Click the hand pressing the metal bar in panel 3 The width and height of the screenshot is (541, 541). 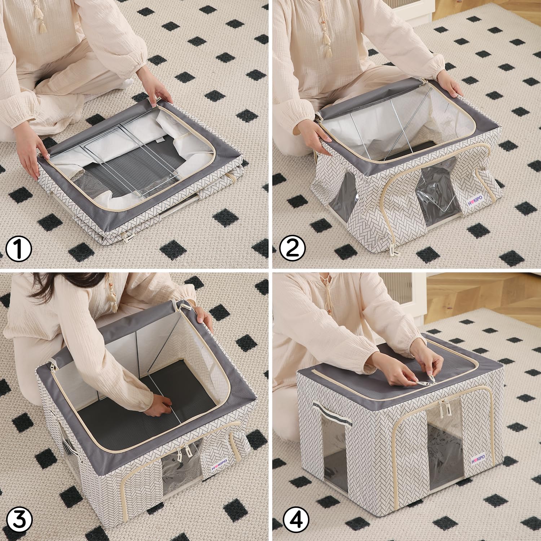[155, 408]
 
